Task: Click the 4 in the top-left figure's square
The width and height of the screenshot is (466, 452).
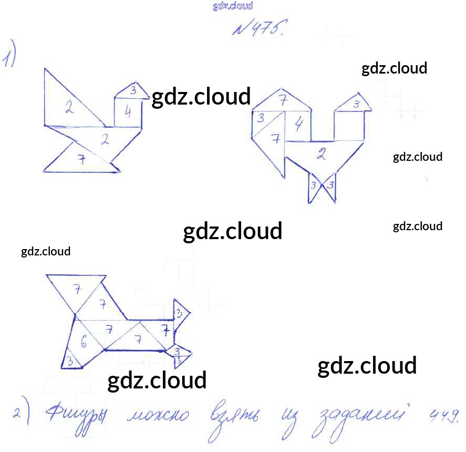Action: (x=128, y=112)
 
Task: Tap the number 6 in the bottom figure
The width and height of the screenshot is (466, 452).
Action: (x=84, y=342)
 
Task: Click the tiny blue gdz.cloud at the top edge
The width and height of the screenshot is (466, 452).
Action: (x=233, y=6)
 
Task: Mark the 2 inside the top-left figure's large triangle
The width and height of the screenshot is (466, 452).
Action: (x=69, y=108)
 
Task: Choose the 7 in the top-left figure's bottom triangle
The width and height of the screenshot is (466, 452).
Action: (x=81, y=160)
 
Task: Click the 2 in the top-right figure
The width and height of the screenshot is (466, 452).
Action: (x=322, y=155)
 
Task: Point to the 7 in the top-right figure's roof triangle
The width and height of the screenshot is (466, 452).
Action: (x=283, y=99)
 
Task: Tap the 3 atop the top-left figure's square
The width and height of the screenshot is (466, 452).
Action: (x=133, y=90)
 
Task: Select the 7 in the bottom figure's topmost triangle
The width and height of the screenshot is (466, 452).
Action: (x=77, y=289)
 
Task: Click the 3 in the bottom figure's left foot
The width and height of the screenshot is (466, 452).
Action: (x=69, y=361)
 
